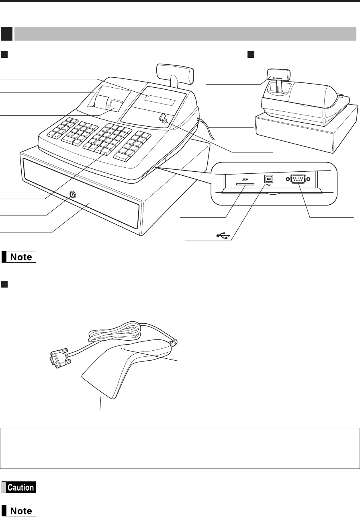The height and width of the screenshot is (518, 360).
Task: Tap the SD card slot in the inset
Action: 242,185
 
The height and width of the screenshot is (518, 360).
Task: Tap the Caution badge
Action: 19,487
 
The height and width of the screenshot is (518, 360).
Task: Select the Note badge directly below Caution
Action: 19,511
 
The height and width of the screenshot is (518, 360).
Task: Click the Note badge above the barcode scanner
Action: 19,256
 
